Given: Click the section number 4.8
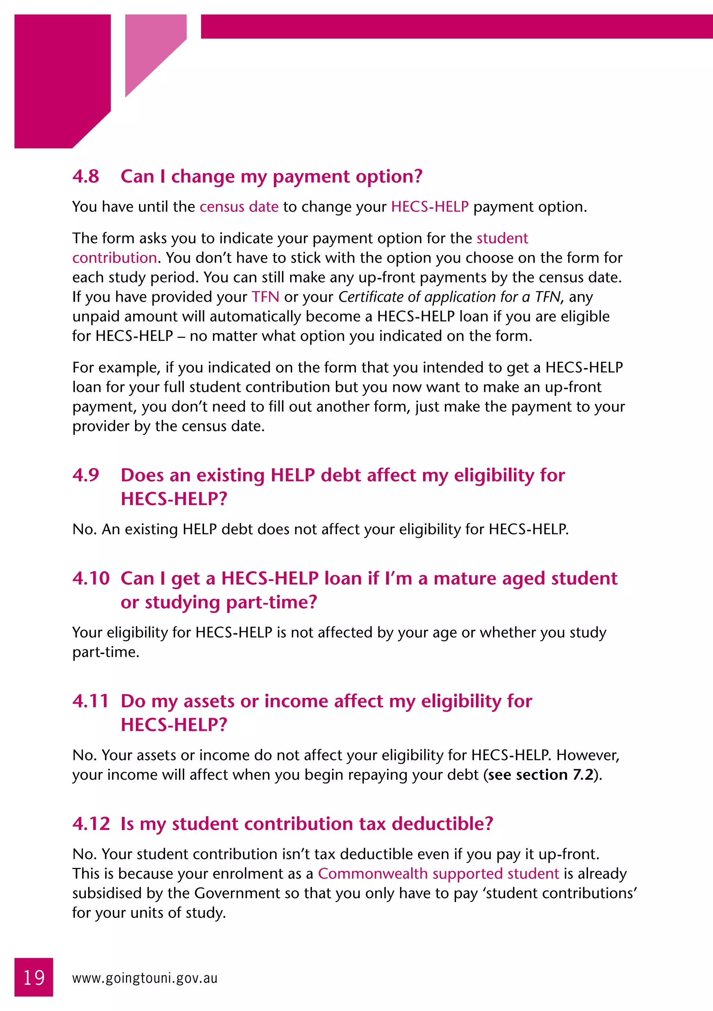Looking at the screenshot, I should [x=86, y=177].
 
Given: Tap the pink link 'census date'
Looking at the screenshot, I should [x=239, y=207].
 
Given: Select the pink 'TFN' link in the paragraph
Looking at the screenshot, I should [x=265, y=297].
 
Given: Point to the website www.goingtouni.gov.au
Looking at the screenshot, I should [x=144, y=978].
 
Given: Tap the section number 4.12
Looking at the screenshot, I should [x=91, y=823].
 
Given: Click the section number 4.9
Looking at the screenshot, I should [x=86, y=475].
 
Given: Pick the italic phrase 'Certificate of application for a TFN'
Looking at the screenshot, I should [x=449, y=297].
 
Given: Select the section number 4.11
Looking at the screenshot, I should [x=90, y=701].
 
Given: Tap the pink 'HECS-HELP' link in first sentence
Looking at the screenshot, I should [x=430, y=207].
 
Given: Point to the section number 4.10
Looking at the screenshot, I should [x=91, y=578].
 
